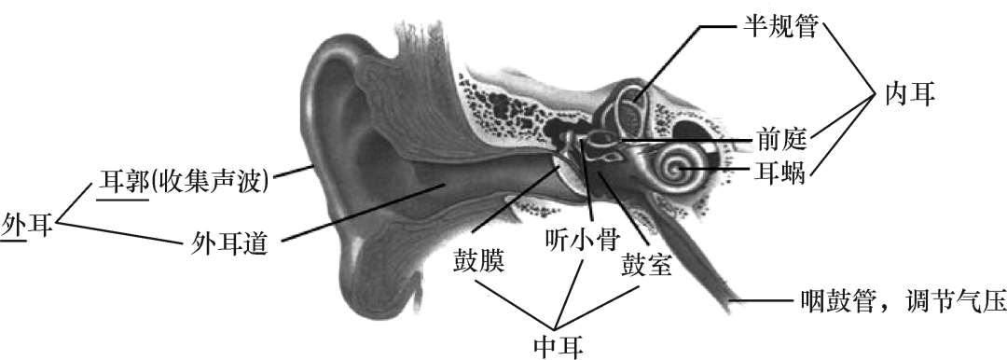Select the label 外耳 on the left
point(27,225)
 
